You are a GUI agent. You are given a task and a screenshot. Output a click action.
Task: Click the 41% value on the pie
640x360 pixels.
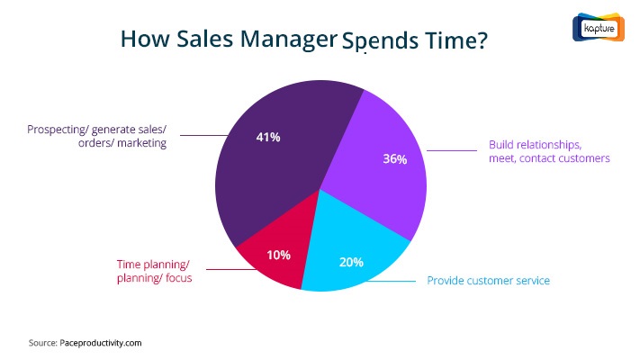(x=268, y=137)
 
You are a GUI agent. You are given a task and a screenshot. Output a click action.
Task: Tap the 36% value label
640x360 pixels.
(x=394, y=158)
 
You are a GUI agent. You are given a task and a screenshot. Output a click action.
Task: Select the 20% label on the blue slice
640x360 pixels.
(x=351, y=262)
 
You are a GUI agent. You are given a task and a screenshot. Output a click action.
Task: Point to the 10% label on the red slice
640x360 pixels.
(x=278, y=255)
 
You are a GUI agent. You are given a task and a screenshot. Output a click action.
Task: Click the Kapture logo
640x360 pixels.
(x=599, y=27)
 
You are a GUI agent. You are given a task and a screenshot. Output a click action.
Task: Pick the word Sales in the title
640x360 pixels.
(x=204, y=39)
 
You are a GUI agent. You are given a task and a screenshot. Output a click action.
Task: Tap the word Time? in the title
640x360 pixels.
(x=455, y=40)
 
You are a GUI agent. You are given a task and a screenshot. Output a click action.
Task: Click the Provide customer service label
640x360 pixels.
(x=488, y=281)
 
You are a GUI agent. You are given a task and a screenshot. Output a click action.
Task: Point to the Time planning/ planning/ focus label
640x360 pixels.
(x=154, y=271)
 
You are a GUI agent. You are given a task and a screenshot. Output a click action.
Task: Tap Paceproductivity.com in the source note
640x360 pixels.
(x=101, y=343)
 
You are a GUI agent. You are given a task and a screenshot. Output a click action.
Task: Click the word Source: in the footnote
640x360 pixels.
(x=43, y=343)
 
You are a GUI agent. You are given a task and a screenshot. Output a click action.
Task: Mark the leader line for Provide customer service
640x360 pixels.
(x=391, y=281)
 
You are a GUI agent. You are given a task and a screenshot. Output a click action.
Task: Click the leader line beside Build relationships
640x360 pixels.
(x=452, y=150)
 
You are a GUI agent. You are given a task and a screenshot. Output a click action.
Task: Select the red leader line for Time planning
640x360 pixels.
(x=231, y=269)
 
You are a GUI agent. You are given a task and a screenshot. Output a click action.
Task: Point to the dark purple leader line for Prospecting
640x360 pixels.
(x=204, y=135)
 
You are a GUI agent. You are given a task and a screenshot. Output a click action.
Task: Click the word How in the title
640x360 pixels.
(x=145, y=39)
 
